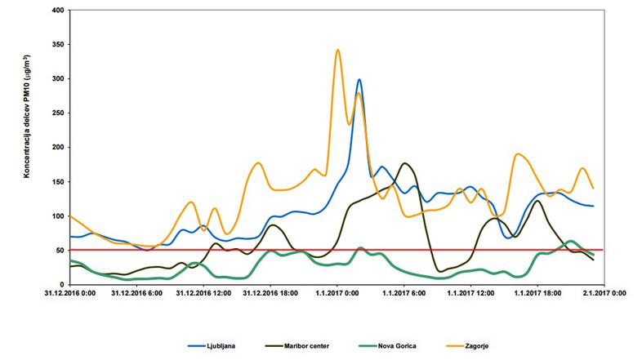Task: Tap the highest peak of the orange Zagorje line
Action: pyautogui.click(x=338, y=50)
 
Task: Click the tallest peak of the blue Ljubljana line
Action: pyautogui.click(x=359, y=80)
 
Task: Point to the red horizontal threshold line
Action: pyautogui.click(x=245, y=250)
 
